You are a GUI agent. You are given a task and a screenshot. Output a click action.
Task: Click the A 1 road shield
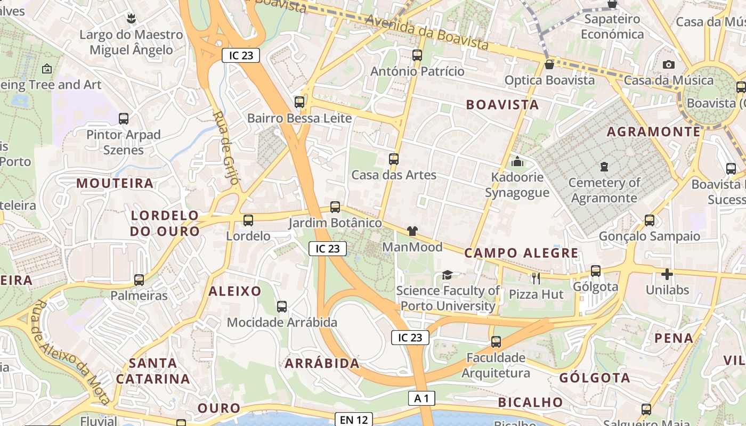pyautogui.click(x=421, y=398)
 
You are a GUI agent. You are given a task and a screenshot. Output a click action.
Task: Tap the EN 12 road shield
pyautogui.click(x=354, y=420)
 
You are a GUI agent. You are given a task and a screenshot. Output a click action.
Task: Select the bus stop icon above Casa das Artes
pyautogui.click(x=394, y=159)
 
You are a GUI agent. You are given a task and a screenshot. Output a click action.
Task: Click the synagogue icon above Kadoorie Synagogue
pyautogui.click(x=517, y=161)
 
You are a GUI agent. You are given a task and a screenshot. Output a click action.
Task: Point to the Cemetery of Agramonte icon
pyautogui.click(x=604, y=167)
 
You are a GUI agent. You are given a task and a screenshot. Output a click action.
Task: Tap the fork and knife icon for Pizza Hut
pyautogui.click(x=536, y=277)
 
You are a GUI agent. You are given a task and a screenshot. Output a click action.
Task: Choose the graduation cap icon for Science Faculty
pyautogui.click(x=447, y=275)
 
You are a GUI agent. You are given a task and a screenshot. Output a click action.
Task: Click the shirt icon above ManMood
pyautogui.click(x=412, y=231)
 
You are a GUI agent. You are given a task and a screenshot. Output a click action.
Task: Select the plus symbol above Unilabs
pyautogui.click(x=667, y=274)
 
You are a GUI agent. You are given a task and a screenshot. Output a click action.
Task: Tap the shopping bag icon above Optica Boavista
pyautogui.click(x=549, y=64)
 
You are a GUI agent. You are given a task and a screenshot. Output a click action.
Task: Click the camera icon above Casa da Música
pyautogui.click(x=669, y=64)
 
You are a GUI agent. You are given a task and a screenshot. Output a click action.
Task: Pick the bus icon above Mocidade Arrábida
pyautogui.click(x=282, y=307)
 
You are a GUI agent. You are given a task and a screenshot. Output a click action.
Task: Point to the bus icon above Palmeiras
pyautogui.click(x=139, y=280)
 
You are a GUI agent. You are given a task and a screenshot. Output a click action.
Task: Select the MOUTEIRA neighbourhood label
pyautogui.click(x=115, y=183)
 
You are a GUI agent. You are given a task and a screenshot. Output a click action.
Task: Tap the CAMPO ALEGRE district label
pyautogui.click(x=521, y=253)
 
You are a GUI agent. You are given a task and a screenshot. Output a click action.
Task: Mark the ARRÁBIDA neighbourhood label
pyautogui.click(x=322, y=364)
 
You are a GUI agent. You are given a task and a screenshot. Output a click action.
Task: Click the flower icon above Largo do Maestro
pyautogui.click(x=131, y=19)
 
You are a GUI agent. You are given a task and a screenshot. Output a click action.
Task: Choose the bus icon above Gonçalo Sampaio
pyautogui.click(x=650, y=220)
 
